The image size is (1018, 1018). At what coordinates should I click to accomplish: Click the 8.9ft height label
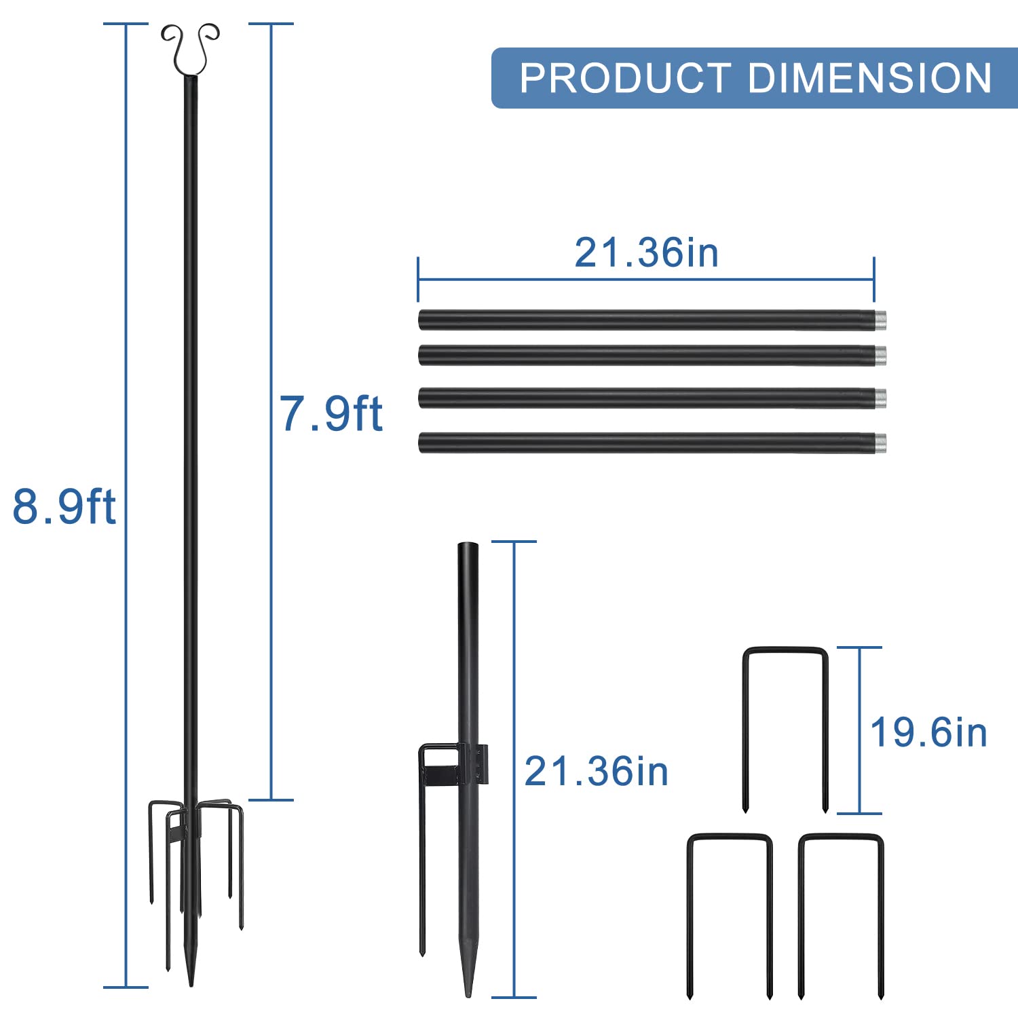64,506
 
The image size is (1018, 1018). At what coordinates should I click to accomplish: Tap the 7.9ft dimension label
331,413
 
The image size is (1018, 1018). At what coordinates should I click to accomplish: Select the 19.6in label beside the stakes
928,732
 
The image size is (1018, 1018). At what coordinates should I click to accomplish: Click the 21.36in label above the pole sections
646,252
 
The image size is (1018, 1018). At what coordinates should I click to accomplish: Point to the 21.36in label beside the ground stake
597,772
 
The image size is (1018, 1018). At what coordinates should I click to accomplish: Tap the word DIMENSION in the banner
870,78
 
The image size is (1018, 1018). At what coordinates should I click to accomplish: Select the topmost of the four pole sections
652,320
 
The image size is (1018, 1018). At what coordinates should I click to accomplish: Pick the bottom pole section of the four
652,442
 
